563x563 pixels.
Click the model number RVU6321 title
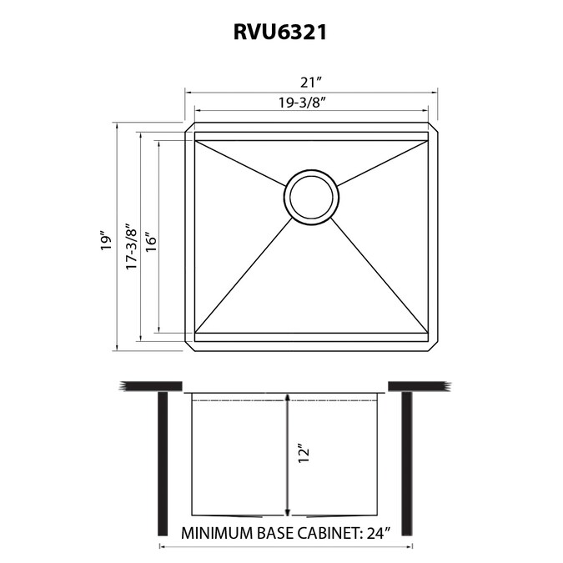[280, 33]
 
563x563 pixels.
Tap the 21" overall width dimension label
[310, 83]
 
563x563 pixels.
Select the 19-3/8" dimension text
[302, 103]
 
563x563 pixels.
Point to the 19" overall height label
[106, 243]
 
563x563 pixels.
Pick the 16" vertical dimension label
[152, 244]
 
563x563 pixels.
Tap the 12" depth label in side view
[304, 455]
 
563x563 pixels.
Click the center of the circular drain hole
[311, 198]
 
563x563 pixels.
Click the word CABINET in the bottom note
[328, 533]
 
